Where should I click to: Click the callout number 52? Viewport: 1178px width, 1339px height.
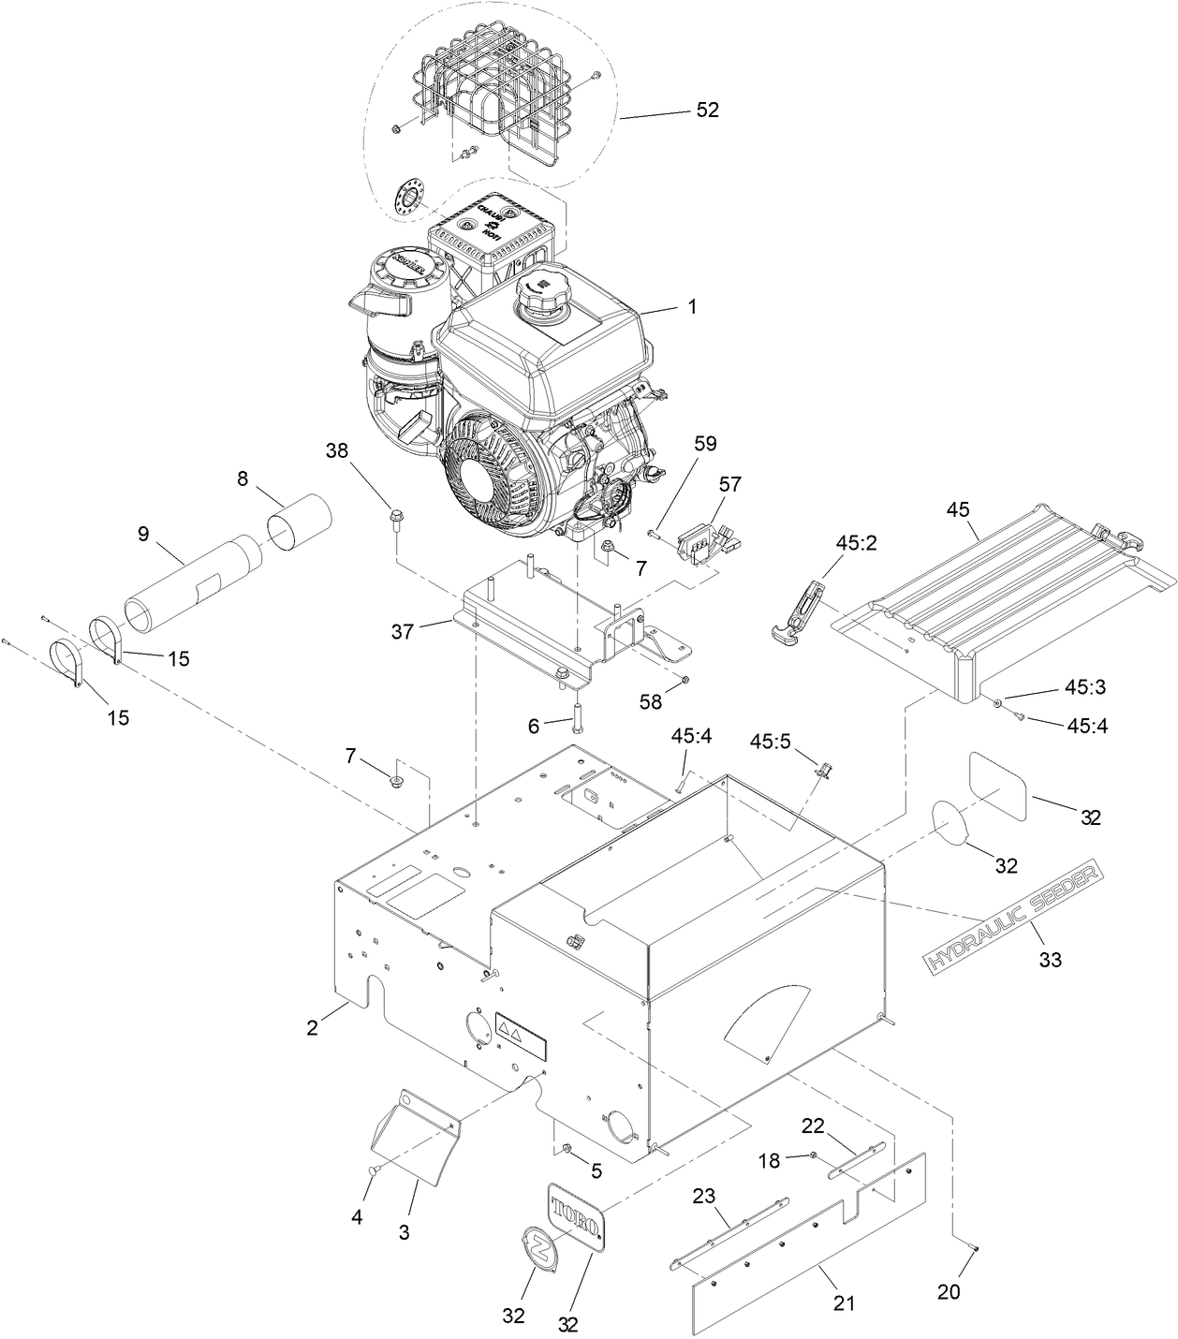point(707,110)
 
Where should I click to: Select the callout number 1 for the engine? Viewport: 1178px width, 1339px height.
point(692,306)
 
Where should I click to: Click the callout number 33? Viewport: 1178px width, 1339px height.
point(1051,959)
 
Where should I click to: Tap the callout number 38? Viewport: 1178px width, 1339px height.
point(336,450)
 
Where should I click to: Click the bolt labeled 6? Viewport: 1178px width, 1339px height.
point(577,715)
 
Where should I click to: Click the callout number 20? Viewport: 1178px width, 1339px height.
point(948,1291)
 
